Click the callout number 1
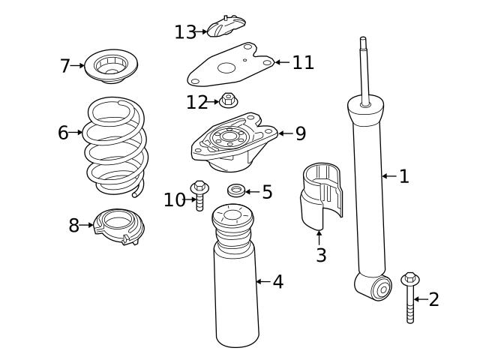403,176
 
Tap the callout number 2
433,300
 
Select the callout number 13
184,32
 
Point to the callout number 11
303,62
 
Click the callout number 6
63,133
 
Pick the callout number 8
73,225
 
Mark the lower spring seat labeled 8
118,227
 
